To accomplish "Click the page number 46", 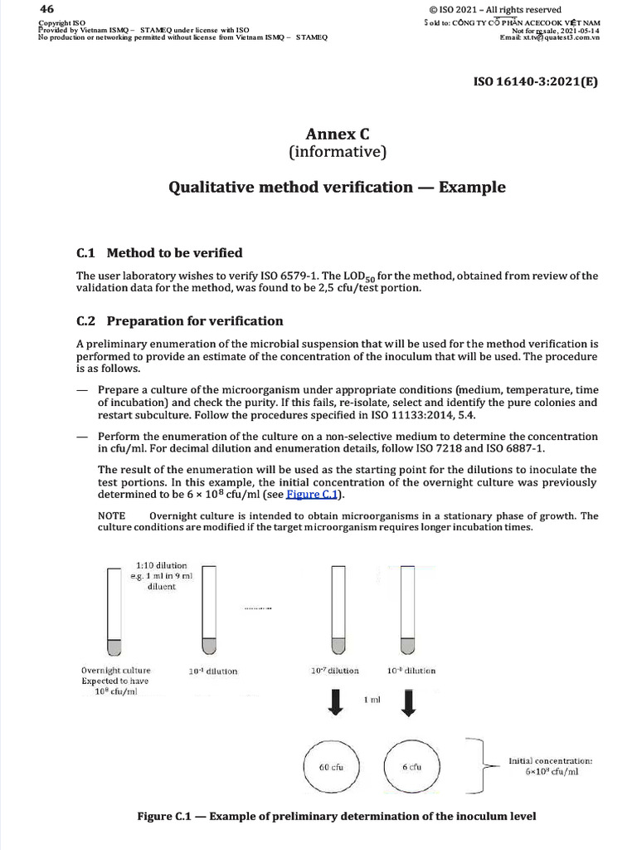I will (46, 8).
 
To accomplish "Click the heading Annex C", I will (337, 134).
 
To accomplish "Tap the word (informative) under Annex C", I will (337, 152).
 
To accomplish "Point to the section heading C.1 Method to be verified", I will (159, 252).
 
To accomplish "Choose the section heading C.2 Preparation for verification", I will (179, 320).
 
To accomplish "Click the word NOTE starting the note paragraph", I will (113, 515).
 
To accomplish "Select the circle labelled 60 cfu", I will (331, 766).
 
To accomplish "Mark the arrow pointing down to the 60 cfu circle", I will (335, 702).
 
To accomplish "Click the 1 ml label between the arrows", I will (372, 701).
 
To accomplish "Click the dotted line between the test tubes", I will (258, 608).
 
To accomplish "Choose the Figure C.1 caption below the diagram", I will (337, 816).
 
